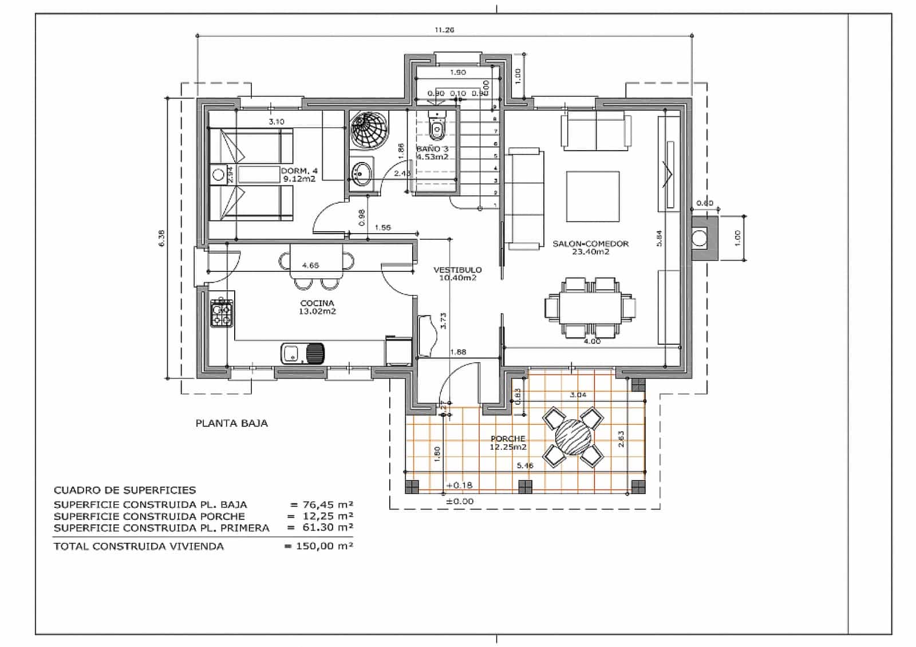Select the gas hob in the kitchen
(222, 313)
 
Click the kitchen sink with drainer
(303, 353)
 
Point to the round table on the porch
(573, 436)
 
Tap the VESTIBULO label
(457, 270)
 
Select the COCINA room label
(317, 303)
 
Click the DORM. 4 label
(299, 171)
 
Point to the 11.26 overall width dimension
(444, 30)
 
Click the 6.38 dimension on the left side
(161, 238)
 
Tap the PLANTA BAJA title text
(231, 424)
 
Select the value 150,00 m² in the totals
(324, 546)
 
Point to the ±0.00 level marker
(460, 501)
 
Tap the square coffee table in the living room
(593, 196)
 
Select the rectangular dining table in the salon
(590, 308)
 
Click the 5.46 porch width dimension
(524, 465)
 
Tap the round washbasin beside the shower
(361, 171)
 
